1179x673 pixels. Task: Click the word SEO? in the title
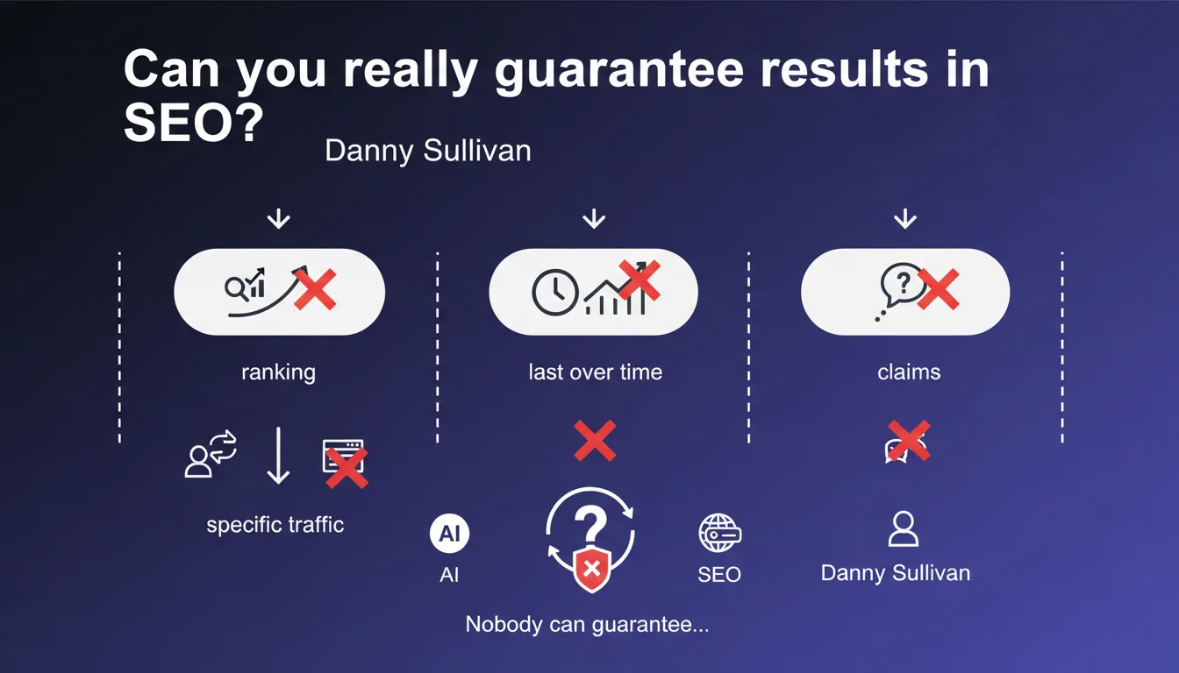(x=193, y=122)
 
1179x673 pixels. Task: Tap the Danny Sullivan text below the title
(x=428, y=151)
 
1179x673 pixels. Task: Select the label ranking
(x=278, y=372)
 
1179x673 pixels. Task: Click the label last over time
(x=596, y=372)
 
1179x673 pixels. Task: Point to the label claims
(x=909, y=372)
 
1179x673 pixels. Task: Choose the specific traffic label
(x=275, y=525)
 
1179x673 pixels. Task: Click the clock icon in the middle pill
(x=554, y=293)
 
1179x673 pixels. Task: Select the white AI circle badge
(x=449, y=533)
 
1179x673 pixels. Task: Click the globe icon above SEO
(x=719, y=533)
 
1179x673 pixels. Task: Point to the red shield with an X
(x=591, y=569)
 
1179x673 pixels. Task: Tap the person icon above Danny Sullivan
(x=904, y=529)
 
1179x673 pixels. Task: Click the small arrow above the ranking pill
(x=278, y=219)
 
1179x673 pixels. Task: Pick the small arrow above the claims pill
(x=904, y=219)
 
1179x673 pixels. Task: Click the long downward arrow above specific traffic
(x=278, y=456)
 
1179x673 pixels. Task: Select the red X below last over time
(x=595, y=441)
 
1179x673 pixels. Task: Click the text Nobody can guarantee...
(x=587, y=625)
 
